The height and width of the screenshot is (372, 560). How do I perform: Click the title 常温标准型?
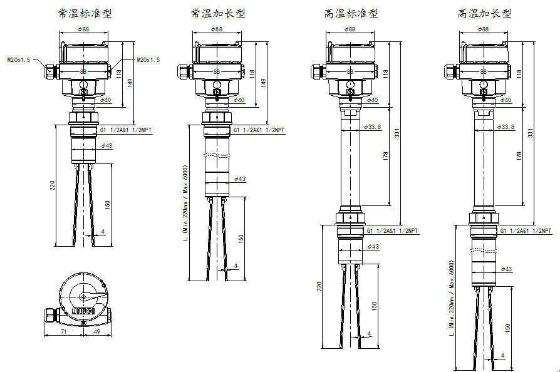coord(85,14)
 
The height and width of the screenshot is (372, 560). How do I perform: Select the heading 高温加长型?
coord(485,14)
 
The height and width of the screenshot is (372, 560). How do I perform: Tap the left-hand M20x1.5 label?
coord(19,59)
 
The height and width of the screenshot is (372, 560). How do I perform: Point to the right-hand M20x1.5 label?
coord(148,59)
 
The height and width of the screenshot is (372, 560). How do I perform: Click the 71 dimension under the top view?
coord(63,332)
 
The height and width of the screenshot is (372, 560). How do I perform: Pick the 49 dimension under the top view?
coord(97,332)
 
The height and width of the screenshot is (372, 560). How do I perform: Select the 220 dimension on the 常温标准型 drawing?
coord(53,185)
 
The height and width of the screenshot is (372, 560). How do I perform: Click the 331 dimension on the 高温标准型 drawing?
coord(397,133)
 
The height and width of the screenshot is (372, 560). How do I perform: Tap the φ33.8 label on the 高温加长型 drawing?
coord(506,127)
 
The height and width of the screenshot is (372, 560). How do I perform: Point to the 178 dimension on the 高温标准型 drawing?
coord(385,156)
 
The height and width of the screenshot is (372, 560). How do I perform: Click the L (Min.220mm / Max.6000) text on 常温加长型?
coord(185,203)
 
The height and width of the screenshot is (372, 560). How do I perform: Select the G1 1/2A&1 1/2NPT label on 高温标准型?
coord(392,231)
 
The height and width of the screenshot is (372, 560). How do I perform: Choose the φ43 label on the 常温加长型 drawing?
coord(240,179)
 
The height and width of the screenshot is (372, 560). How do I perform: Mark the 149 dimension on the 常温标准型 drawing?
coord(130,83)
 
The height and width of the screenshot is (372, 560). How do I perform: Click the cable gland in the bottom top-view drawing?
coord(52,316)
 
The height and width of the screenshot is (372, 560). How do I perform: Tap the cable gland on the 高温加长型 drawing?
coord(452,71)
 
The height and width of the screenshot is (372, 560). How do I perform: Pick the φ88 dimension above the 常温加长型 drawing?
coord(217,29)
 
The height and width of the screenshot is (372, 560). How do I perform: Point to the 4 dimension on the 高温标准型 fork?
coord(370,333)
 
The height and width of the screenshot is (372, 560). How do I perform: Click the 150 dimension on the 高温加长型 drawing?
coord(507,328)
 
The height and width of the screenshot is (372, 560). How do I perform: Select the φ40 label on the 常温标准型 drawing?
coord(106,100)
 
